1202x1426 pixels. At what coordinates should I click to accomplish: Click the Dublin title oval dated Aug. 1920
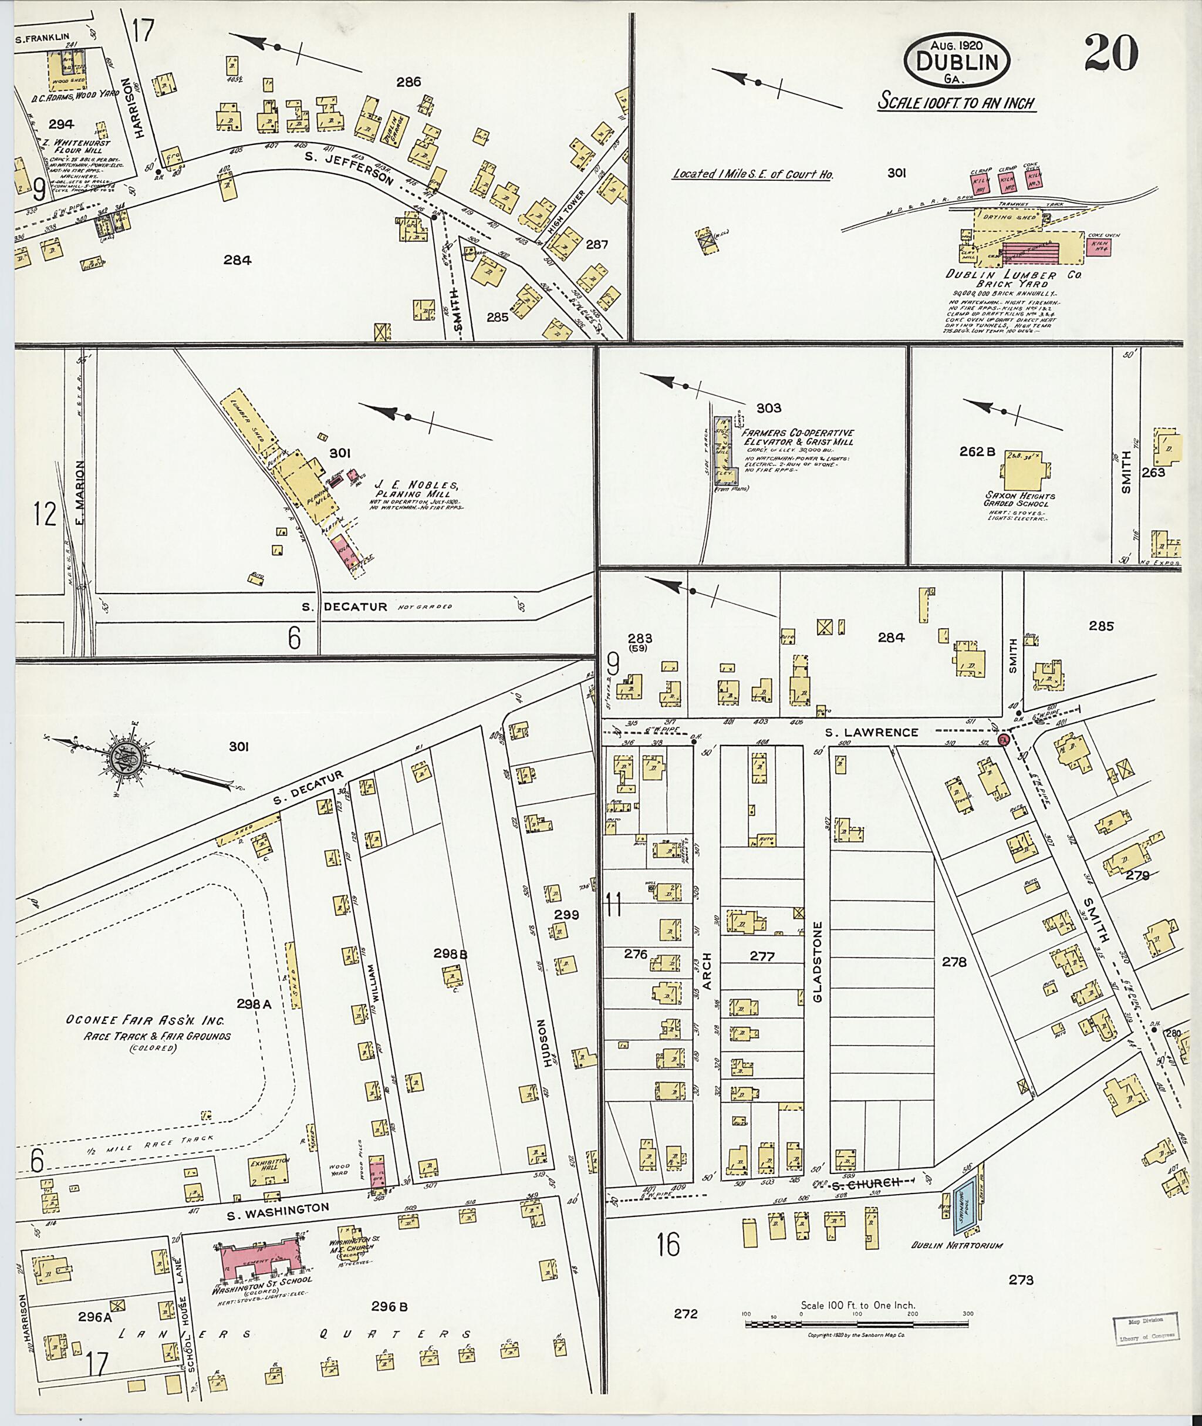[957, 60]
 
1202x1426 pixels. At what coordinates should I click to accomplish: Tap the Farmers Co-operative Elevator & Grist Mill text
[796, 437]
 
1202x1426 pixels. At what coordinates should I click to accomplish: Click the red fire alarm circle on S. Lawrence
[1003, 740]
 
